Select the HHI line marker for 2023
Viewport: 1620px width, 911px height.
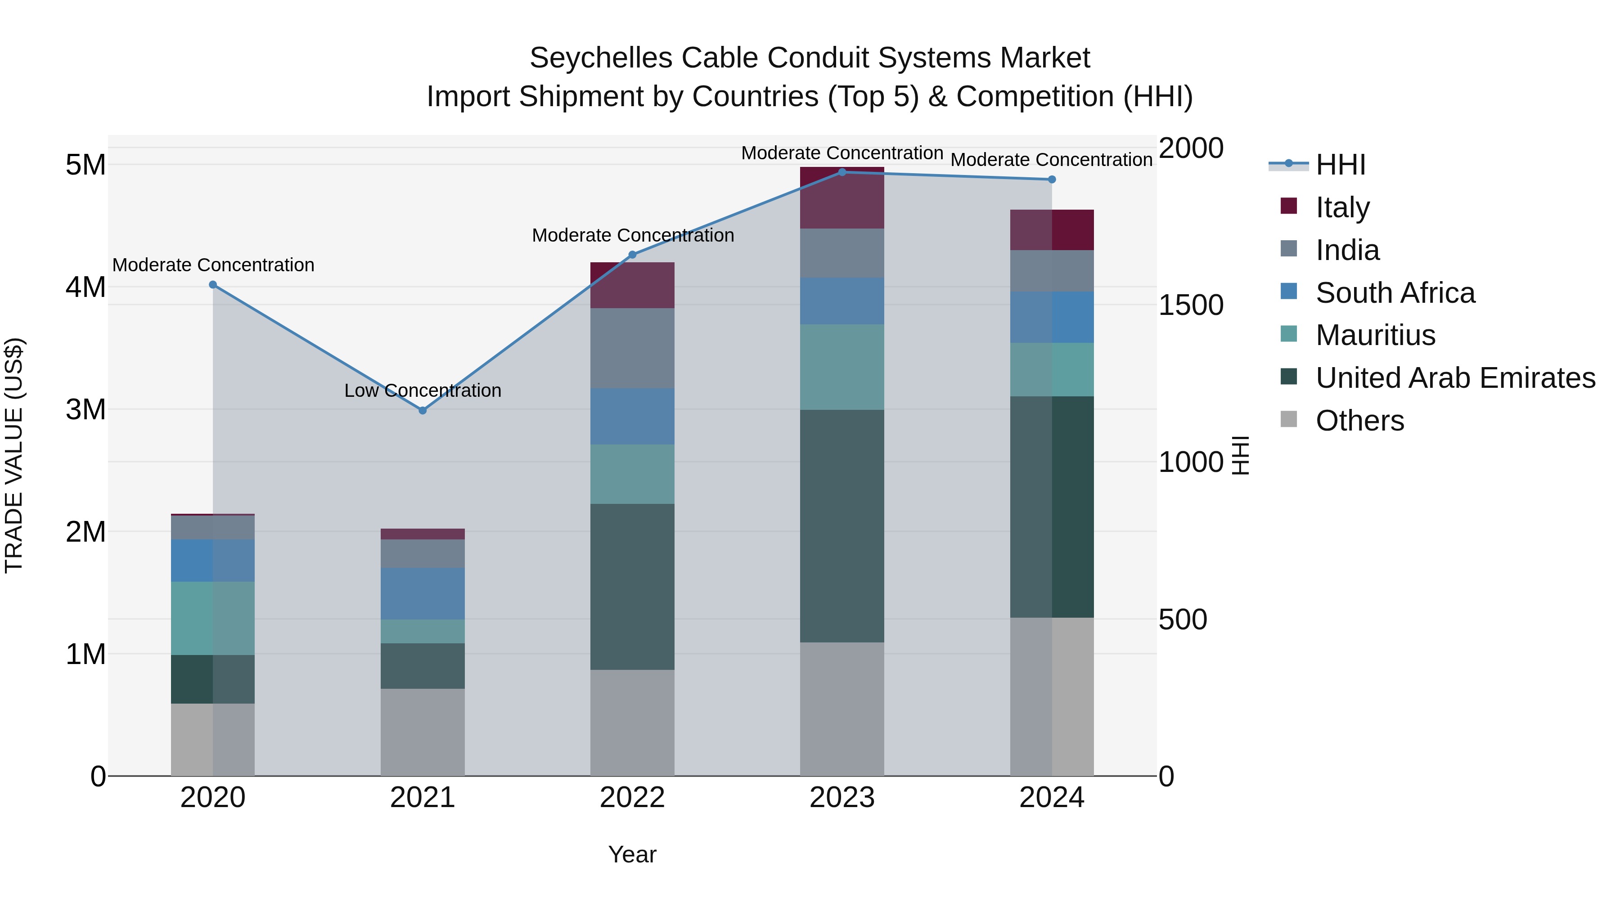pos(842,172)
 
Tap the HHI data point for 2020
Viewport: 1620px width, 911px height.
pos(212,285)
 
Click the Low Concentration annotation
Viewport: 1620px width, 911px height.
pos(423,390)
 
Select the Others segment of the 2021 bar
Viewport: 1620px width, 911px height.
pos(423,732)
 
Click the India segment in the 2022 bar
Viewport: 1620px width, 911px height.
pos(632,348)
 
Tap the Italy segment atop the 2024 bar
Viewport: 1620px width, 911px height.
pos(1052,229)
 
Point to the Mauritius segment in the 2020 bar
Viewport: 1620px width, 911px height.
pos(212,618)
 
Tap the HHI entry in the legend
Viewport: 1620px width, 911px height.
pos(1340,165)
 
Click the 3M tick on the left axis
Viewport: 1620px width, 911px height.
pos(85,409)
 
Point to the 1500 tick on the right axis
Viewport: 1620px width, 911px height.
pos(1190,305)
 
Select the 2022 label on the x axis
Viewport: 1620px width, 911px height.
pos(632,798)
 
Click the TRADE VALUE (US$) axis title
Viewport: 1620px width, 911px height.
pos(14,455)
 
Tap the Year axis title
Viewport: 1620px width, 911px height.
pos(632,854)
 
